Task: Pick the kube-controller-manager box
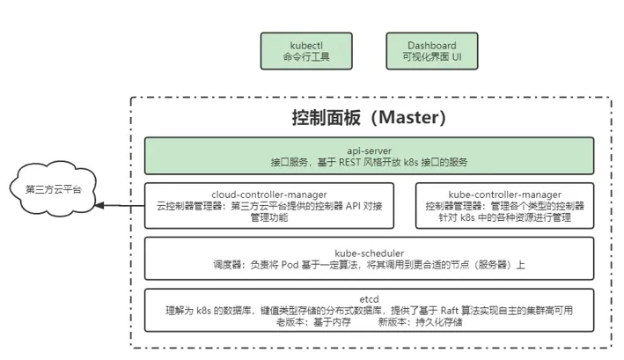[504, 205]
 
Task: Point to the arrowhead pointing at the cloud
[99, 206]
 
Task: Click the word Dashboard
[431, 44]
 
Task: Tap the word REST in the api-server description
[346, 163]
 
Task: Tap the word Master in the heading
[412, 117]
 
